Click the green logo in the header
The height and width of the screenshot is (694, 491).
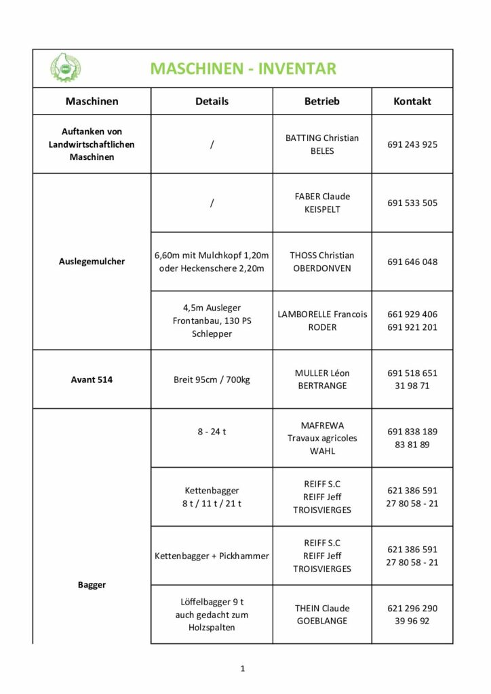(x=66, y=68)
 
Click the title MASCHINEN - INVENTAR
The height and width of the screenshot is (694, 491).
(x=243, y=68)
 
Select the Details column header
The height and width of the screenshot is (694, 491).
(x=212, y=101)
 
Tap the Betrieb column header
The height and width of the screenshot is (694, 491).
(x=322, y=101)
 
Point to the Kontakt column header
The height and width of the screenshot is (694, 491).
(x=412, y=101)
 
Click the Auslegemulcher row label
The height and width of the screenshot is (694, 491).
(x=92, y=261)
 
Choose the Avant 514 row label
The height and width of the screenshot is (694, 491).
(x=92, y=380)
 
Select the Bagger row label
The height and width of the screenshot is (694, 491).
(x=92, y=584)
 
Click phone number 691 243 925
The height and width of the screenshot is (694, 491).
(x=412, y=144)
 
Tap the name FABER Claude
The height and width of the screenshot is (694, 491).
(x=322, y=197)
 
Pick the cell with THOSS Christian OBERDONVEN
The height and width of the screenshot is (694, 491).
(x=322, y=262)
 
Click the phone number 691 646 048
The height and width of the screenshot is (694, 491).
(x=412, y=262)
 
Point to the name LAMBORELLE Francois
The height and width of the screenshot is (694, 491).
(x=322, y=314)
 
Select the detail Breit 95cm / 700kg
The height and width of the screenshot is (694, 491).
(x=212, y=380)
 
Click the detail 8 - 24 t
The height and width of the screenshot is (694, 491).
(x=212, y=431)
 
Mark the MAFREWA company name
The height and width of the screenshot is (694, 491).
(x=322, y=426)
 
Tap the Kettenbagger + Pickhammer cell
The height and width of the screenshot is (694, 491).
(x=212, y=556)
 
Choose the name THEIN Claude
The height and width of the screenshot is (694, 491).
(x=322, y=608)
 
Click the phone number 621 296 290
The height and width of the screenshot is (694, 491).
(x=412, y=608)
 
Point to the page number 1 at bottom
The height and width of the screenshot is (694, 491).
(x=242, y=669)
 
